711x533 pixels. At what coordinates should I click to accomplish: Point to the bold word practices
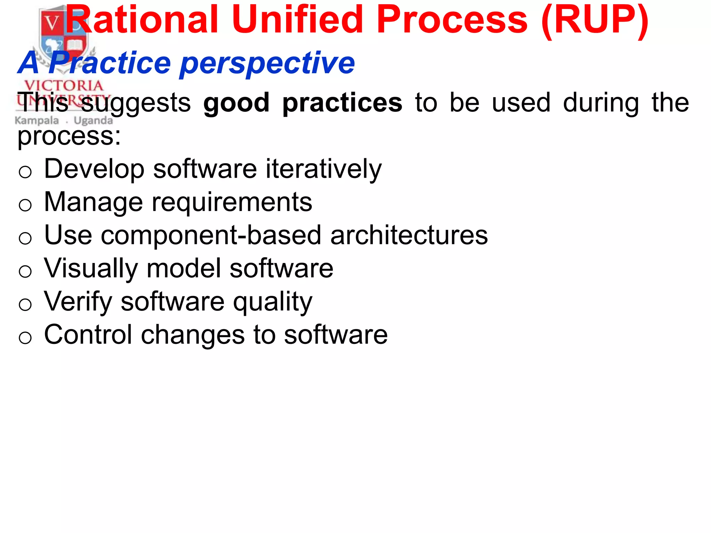coord(342,103)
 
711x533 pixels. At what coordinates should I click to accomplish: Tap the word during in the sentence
coord(601,103)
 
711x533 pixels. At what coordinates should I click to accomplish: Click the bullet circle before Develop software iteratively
coord(25,172)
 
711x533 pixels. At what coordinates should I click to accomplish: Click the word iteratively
coord(324,169)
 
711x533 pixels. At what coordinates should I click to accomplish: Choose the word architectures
coord(409,235)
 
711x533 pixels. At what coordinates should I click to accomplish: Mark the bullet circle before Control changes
coord(25,337)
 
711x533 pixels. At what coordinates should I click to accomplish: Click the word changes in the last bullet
coord(193,335)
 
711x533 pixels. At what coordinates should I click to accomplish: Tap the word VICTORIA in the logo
coord(64,85)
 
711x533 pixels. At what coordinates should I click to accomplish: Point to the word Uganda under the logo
coord(93,121)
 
